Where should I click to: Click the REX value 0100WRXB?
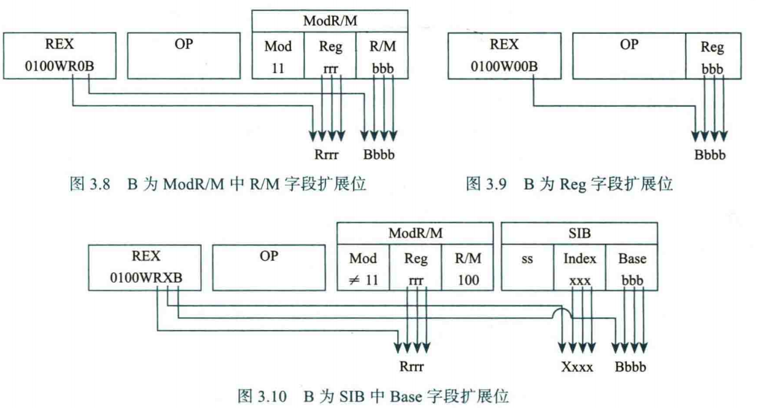point(146,277)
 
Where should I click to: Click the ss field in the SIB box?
point(527,258)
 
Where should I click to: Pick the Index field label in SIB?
point(579,258)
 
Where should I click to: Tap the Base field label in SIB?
point(632,258)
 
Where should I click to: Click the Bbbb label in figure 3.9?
point(710,155)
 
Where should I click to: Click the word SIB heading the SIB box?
point(580,233)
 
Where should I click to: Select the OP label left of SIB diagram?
point(269,256)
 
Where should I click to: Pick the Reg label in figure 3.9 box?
point(712,47)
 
